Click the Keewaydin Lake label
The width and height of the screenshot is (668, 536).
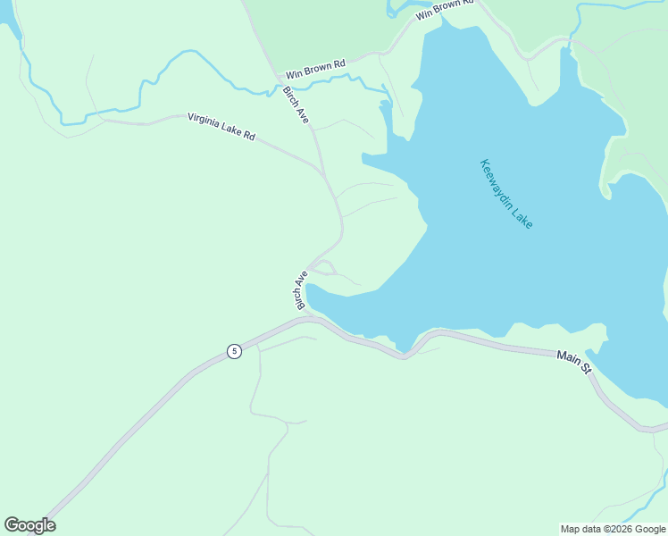click(506, 194)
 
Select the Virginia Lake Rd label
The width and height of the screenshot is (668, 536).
click(221, 127)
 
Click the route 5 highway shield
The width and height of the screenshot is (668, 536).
click(234, 351)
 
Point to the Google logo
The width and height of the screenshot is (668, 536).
click(29, 525)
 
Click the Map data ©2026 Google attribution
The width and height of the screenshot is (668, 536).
click(613, 529)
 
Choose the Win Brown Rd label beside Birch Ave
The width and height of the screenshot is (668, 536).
click(314, 70)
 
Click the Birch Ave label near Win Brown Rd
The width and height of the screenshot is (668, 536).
click(296, 105)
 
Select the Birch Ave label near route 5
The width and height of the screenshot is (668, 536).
click(301, 290)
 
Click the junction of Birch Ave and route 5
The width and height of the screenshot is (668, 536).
click(306, 317)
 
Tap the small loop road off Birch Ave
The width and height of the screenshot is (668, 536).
click(324, 267)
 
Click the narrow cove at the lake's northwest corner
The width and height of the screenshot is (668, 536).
click(386, 116)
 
